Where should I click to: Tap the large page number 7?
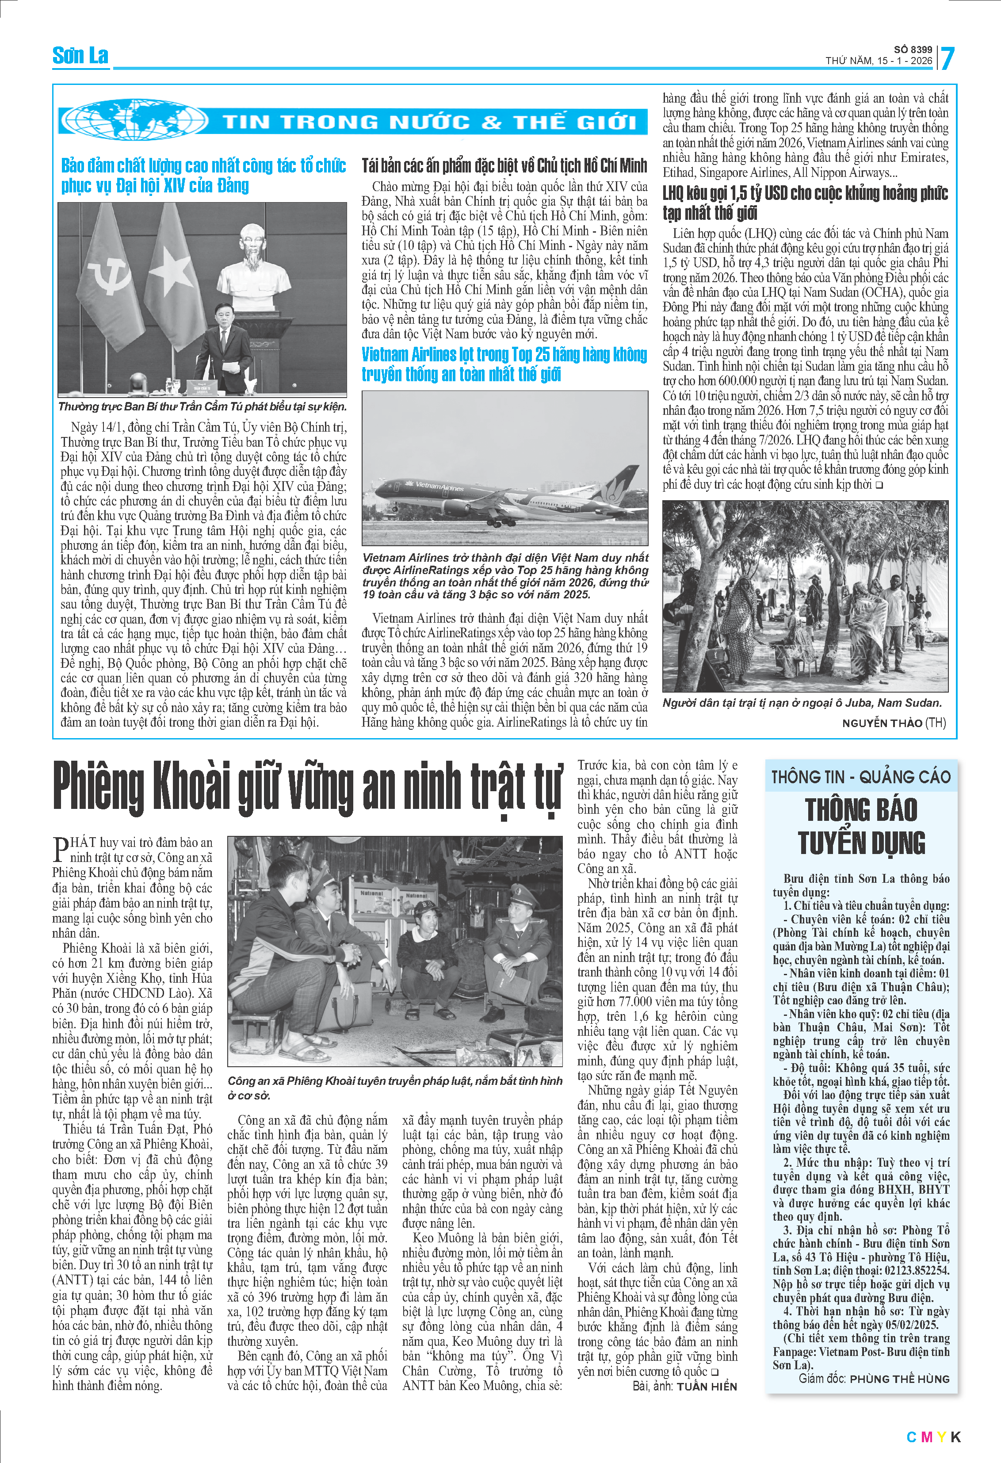click(947, 58)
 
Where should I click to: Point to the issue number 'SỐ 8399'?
click(913, 50)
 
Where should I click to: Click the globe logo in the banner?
click(135, 119)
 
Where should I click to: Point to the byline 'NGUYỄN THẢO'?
click(882, 723)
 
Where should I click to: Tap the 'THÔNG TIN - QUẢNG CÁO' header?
click(861, 777)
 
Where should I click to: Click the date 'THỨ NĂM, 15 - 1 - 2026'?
click(879, 61)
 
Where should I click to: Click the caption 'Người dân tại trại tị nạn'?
click(802, 703)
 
